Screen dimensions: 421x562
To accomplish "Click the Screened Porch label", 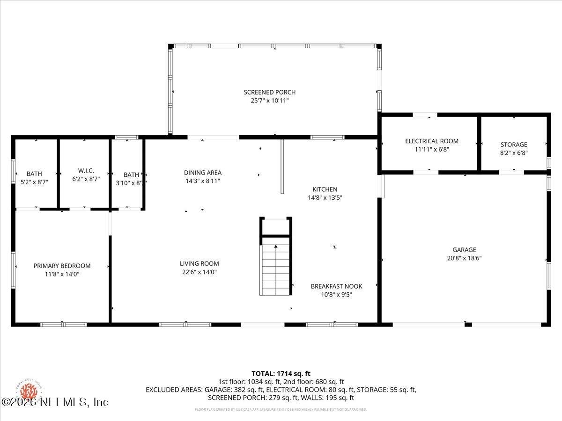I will tap(269, 92).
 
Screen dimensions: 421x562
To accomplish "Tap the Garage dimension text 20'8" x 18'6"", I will tap(464, 258).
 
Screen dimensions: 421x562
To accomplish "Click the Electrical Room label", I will tap(431, 141).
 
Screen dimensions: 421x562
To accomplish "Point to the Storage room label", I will tap(513, 145).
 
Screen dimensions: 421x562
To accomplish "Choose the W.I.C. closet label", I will tap(84, 170).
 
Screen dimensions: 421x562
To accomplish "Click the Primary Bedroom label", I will tap(62, 266).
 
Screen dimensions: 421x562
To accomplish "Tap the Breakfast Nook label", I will tap(336, 286).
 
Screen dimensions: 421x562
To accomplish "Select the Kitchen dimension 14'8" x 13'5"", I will tap(325, 197).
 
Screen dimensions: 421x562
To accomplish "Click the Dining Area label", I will tap(202, 173).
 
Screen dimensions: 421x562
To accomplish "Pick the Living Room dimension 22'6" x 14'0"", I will tap(199, 272).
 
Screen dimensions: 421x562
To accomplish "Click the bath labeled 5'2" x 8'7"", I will tap(34, 178).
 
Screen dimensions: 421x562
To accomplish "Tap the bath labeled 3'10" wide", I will tap(128, 178).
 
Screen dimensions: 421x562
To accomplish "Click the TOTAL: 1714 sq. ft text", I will tap(281, 373).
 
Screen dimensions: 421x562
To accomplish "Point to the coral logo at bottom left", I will tap(29, 391).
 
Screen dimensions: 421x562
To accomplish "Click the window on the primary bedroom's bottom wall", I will tap(63, 324).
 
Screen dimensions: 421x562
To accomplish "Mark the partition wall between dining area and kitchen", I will tap(282, 166).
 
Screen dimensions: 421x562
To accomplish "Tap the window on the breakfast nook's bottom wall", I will tap(331, 324).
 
